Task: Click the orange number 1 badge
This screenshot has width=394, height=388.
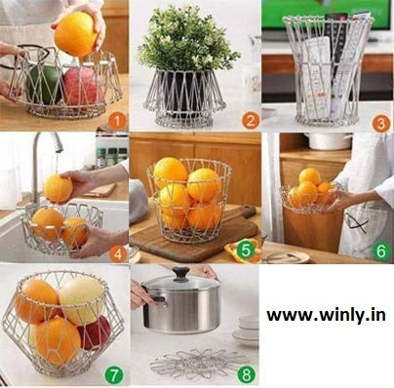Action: (116, 120)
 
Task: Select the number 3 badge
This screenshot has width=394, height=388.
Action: (380, 123)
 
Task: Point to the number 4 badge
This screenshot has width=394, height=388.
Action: (117, 253)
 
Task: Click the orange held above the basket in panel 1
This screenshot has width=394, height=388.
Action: (75, 33)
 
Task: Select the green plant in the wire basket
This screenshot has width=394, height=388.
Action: (187, 43)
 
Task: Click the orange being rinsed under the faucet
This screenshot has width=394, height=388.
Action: (58, 188)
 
